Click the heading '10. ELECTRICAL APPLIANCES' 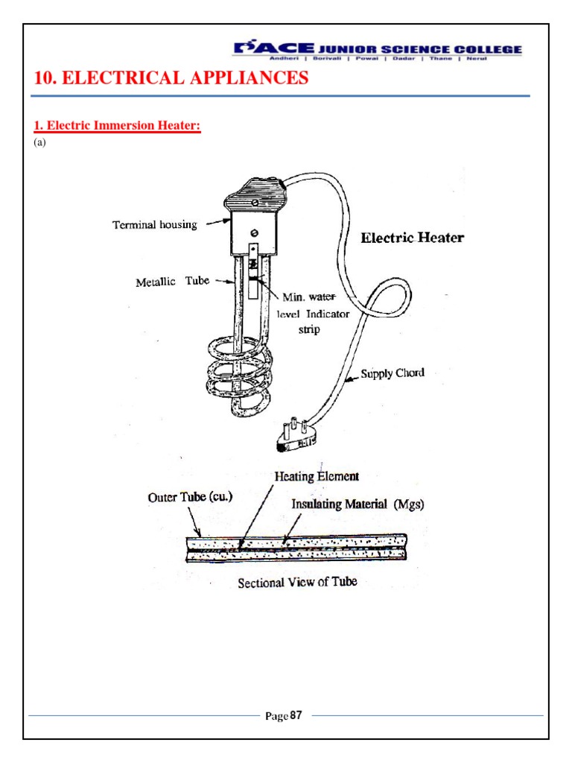pos(171,78)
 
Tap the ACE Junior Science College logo pos(378,50)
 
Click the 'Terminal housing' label pos(154,224)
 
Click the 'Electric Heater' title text pos(412,238)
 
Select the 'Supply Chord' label pos(393,373)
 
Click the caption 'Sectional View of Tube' pos(296,582)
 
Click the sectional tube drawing pos(296,547)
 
